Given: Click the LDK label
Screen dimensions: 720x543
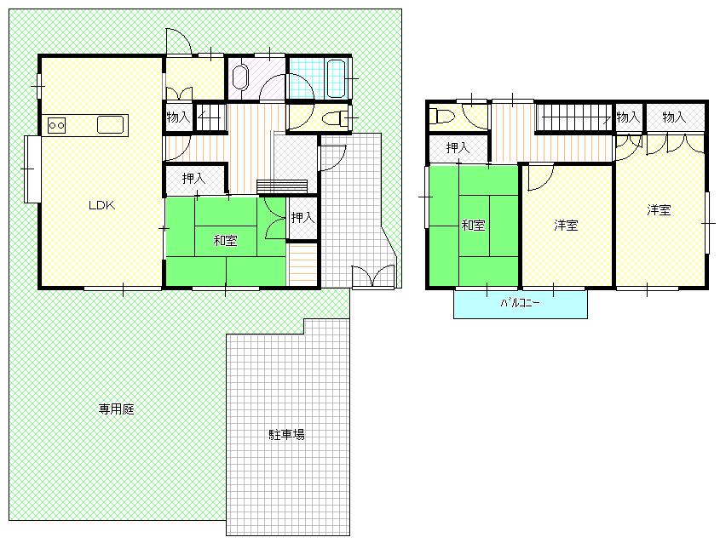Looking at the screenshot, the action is click(101, 205).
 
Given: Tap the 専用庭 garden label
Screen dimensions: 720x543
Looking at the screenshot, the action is click(117, 409).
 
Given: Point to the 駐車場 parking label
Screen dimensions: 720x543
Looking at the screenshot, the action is click(286, 434).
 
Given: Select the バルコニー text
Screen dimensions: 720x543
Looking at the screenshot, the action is click(520, 303).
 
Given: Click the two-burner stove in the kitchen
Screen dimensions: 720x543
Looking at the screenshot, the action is click(57, 125).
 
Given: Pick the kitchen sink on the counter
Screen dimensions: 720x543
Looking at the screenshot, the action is click(110, 125).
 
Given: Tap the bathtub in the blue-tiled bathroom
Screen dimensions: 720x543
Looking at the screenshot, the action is click(335, 78).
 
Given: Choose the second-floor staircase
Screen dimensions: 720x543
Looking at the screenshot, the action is click(573, 117).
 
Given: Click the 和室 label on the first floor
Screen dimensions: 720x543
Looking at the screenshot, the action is click(226, 240).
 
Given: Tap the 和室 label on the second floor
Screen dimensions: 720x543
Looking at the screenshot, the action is click(474, 226).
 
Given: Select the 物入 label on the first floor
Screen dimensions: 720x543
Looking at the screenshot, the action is click(178, 117).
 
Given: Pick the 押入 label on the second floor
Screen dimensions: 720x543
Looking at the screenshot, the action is click(458, 148).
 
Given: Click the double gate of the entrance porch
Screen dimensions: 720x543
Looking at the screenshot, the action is click(373, 276).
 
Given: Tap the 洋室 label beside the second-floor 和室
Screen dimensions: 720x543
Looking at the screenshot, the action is click(566, 226).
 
